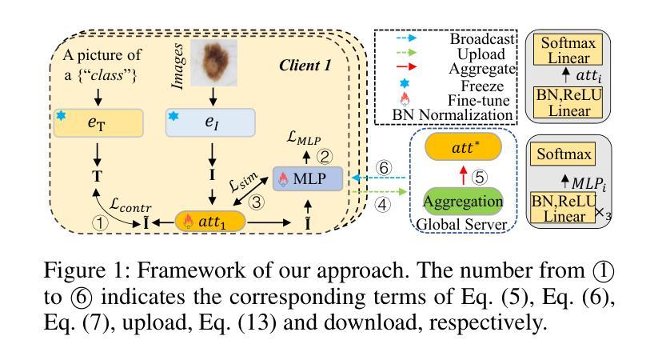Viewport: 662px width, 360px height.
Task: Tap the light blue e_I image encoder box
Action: click(211, 123)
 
